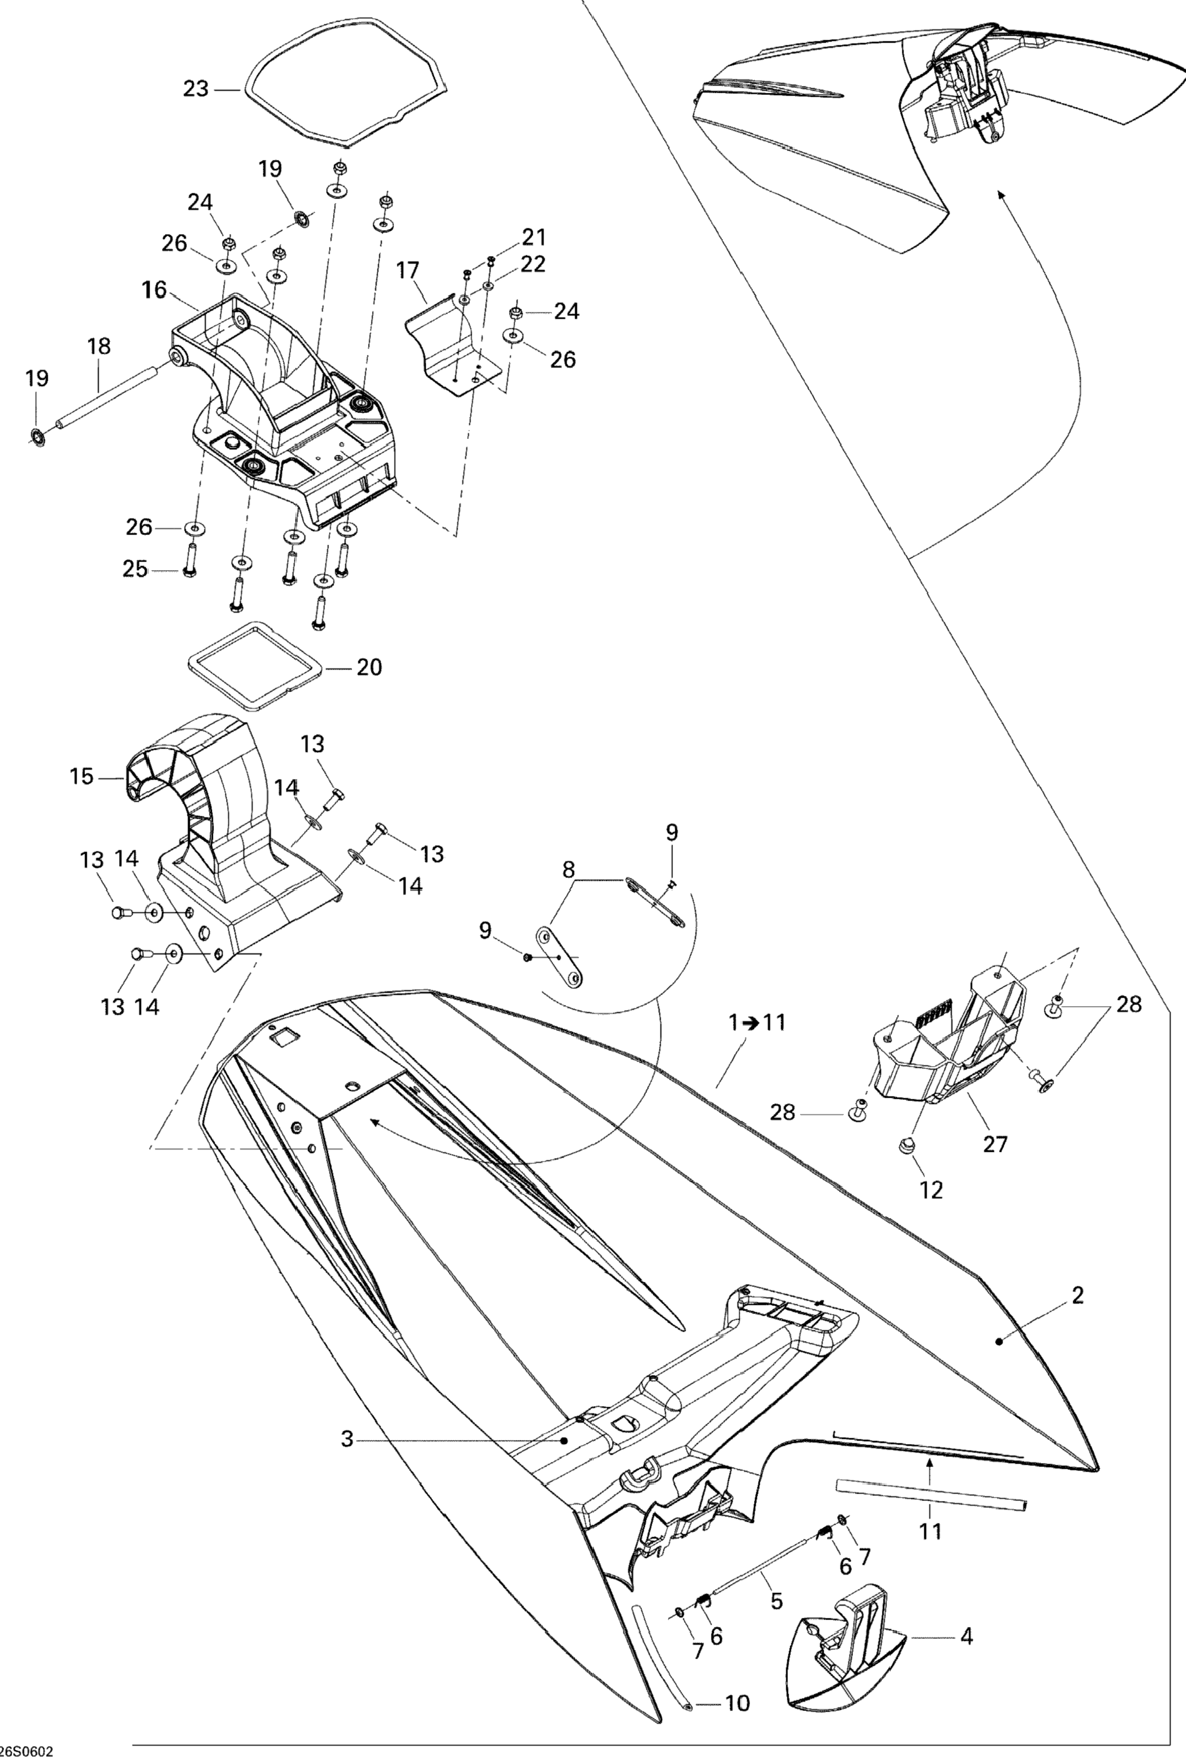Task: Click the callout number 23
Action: pyautogui.click(x=196, y=89)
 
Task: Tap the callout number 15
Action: pyautogui.click(x=82, y=777)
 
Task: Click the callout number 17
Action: pyautogui.click(x=407, y=270)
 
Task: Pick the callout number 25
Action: pyautogui.click(x=135, y=568)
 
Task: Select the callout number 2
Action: pyautogui.click(x=1078, y=1296)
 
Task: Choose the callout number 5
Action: pyautogui.click(x=776, y=1601)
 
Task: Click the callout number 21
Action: pyautogui.click(x=534, y=238)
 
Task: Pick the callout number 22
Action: pyautogui.click(x=534, y=264)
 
